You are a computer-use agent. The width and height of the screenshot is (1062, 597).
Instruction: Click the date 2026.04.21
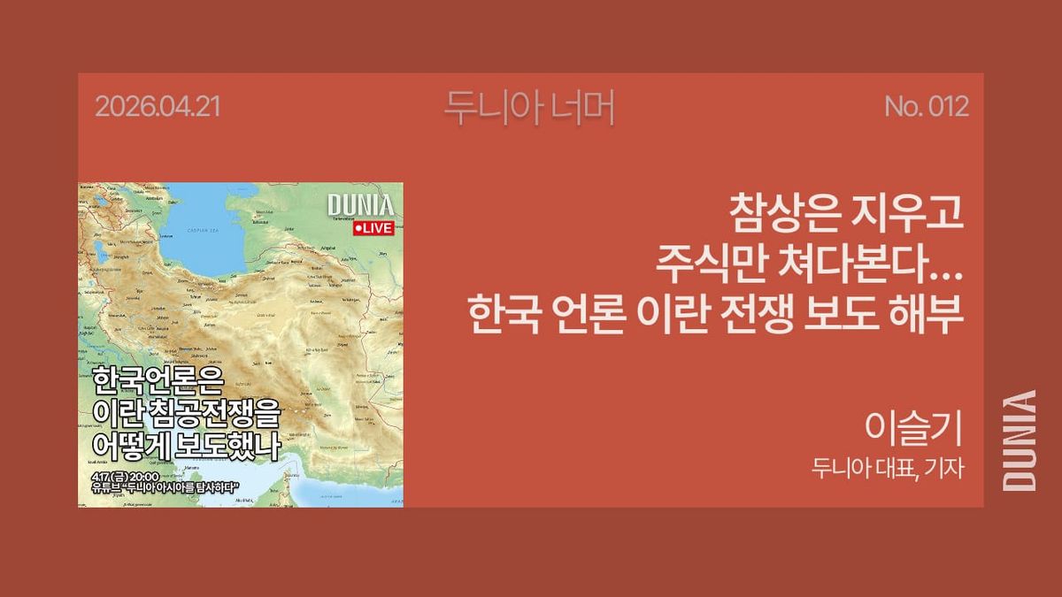click(157, 108)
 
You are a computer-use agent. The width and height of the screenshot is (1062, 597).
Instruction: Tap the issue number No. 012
click(926, 108)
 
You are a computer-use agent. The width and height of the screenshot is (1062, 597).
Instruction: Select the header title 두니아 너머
click(529, 108)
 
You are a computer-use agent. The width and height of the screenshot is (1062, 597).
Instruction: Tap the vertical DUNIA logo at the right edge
click(1020, 440)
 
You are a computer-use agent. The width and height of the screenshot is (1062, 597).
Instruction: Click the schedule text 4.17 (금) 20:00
click(125, 477)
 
